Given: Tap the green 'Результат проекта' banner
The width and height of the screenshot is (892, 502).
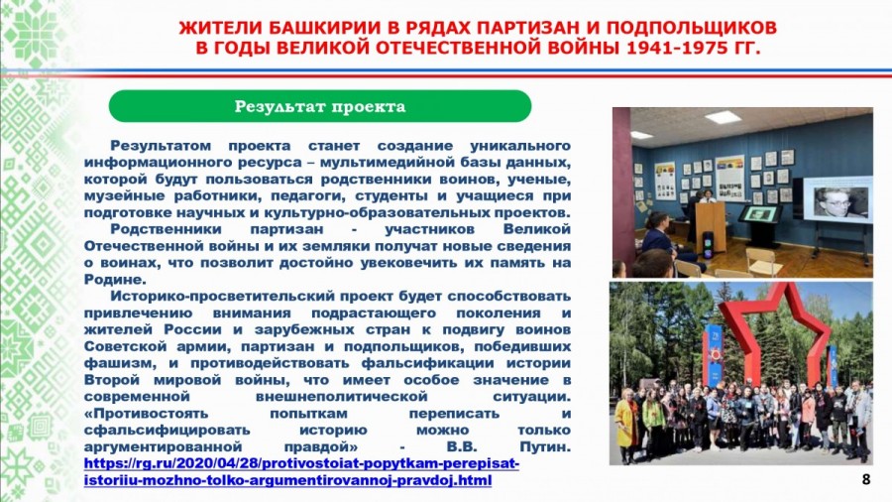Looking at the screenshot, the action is point(320,106).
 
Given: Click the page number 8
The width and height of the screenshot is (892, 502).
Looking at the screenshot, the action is point(866,479).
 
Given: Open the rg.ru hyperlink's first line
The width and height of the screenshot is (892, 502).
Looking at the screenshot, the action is point(301,463).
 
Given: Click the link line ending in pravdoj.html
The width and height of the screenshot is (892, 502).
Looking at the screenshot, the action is point(287,480).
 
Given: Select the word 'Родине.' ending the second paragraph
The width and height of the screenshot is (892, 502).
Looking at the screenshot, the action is point(115,280).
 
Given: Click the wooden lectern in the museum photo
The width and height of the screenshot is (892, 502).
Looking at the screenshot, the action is point(711,226).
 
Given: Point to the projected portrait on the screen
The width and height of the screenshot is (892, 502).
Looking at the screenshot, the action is point(836,201).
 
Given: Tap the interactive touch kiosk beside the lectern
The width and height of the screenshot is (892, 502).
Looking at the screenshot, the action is point(760,223).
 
